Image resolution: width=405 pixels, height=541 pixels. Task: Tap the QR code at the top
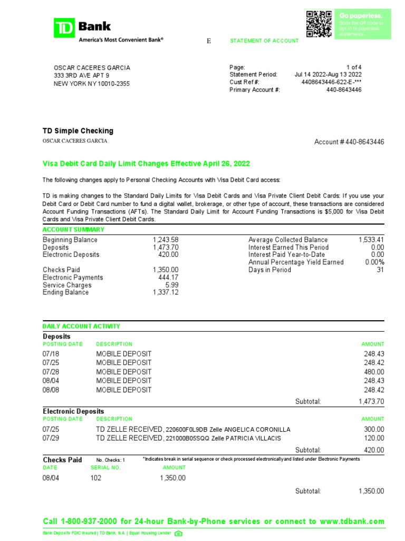tap(319, 24)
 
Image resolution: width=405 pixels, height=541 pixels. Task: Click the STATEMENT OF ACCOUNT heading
tap(264, 41)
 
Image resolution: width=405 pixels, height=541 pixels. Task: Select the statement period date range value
tap(328, 75)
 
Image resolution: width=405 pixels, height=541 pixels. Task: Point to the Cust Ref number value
tap(331, 82)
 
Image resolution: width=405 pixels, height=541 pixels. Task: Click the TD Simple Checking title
tap(78, 131)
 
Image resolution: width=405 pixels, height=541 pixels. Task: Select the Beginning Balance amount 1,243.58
tap(166, 240)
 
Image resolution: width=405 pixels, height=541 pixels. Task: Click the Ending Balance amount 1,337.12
tap(166, 292)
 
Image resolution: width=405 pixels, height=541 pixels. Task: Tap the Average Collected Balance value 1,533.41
tap(371, 240)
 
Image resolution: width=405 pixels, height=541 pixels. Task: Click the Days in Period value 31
tap(380, 269)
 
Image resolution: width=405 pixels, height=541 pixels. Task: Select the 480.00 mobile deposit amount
tap(374, 372)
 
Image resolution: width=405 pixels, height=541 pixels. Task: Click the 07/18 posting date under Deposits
tap(51, 353)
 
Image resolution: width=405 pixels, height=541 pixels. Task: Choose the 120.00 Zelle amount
tap(374, 438)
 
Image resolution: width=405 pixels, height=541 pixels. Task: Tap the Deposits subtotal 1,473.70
tap(371, 402)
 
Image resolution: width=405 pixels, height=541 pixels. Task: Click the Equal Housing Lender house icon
tap(178, 533)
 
